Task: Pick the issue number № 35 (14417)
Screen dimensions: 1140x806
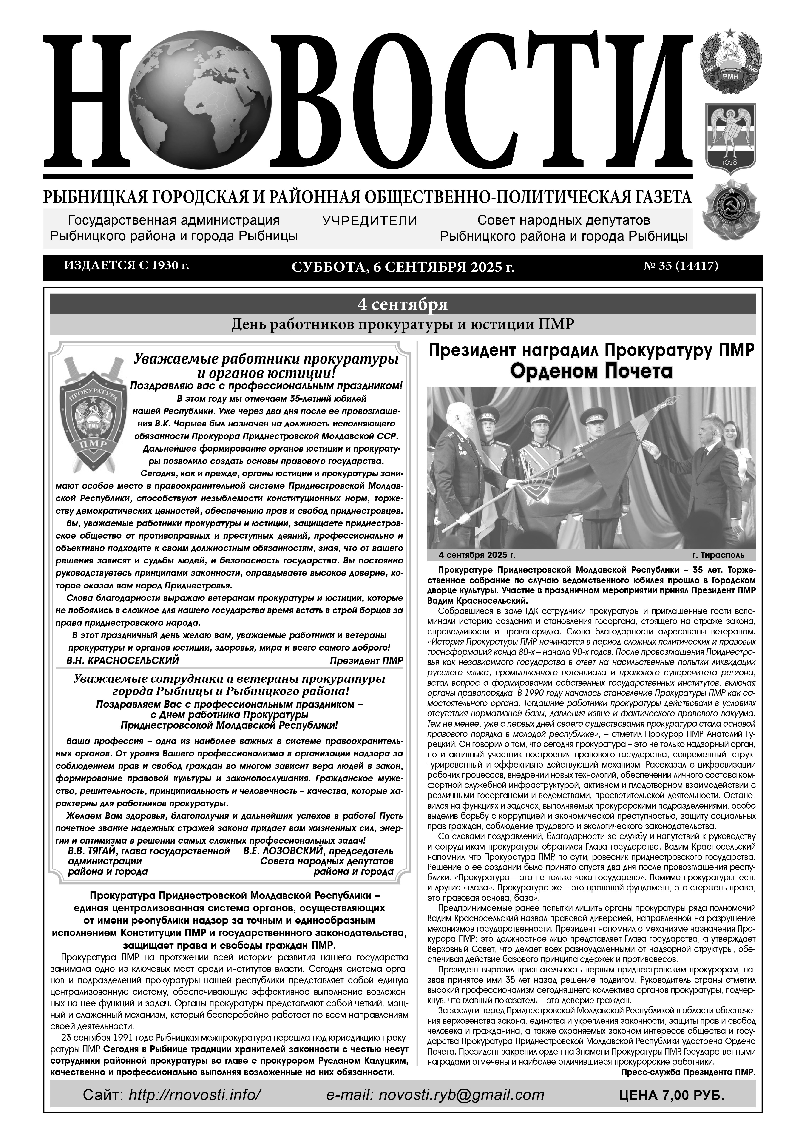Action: pos(681,266)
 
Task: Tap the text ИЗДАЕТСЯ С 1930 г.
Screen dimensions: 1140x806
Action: pos(127,266)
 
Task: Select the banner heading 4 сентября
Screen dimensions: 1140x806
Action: pos(403,304)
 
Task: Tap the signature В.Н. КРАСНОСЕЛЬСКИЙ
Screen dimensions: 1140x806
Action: pos(123,661)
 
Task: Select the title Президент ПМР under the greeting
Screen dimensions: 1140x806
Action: pos(366,661)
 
